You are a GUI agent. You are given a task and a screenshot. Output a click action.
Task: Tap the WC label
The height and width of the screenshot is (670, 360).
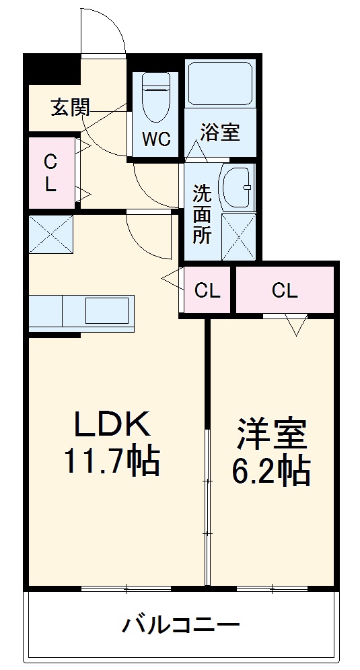tap(155, 139)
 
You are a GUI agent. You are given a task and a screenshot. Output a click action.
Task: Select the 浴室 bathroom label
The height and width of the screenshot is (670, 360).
tap(220, 133)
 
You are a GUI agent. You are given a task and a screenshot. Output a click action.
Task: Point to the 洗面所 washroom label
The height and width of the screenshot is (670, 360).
tap(202, 214)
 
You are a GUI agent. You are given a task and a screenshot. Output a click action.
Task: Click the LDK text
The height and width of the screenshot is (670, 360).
tap(111, 426)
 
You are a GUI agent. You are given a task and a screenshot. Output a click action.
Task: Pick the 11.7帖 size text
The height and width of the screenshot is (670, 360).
tap(111, 461)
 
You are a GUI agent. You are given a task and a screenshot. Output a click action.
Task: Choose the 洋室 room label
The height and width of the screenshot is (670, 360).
tap(271, 434)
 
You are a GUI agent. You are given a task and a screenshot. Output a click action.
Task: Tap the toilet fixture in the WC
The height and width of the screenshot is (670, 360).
tap(155, 98)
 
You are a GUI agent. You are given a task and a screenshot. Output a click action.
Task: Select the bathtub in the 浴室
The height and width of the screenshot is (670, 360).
tap(220, 84)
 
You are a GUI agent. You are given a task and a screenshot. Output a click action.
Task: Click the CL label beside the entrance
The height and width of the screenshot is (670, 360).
tap(50, 173)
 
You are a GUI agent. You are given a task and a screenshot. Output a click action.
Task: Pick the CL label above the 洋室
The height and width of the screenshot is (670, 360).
tap(285, 290)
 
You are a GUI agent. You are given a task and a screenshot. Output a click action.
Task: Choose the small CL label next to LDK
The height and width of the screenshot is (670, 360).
tap(207, 290)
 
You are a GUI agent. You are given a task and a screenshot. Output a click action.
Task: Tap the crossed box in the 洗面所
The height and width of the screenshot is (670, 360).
tap(239, 235)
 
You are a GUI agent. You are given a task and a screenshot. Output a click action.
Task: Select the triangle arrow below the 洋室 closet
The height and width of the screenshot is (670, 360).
tap(295, 325)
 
